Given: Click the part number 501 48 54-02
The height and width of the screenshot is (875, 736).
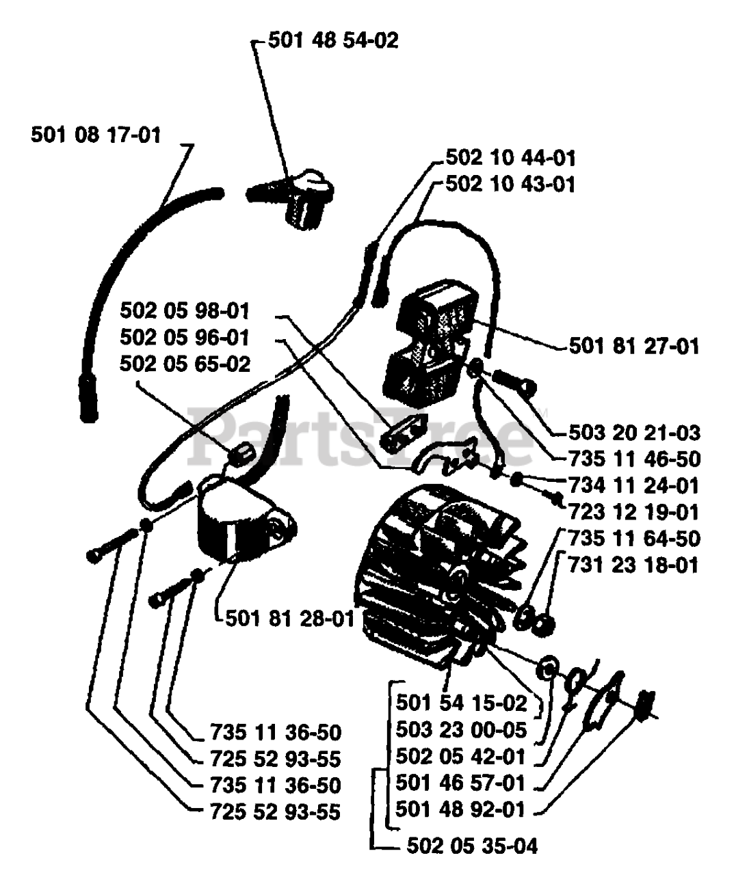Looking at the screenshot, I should click(332, 42).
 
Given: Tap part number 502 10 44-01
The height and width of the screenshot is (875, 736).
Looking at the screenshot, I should click(510, 159).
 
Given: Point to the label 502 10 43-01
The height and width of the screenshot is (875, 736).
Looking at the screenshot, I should click(510, 185).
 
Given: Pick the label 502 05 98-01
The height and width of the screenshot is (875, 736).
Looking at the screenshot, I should click(185, 312).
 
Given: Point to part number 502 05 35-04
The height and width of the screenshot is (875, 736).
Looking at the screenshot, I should click(472, 846).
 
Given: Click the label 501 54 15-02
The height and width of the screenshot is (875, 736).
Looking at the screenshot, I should click(462, 703).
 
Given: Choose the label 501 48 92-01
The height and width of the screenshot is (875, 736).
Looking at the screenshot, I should click(462, 809).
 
